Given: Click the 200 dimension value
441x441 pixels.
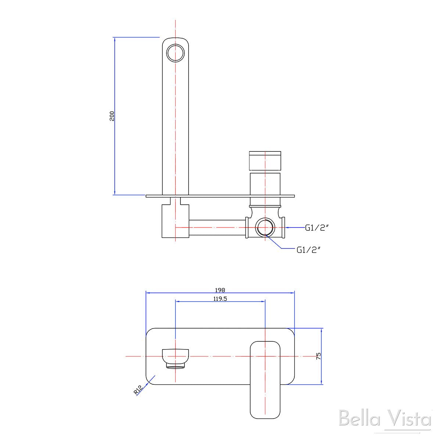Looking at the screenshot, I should (112, 116).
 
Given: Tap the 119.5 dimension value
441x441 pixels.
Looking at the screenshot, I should (220, 298).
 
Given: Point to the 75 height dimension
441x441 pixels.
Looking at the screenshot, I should (318, 356).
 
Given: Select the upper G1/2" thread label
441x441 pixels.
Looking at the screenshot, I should (316, 228).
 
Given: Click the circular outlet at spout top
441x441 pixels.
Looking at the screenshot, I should (176, 53).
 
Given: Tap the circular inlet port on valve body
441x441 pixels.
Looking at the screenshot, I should (265, 228).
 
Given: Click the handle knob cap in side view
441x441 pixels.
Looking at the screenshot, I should (265, 161).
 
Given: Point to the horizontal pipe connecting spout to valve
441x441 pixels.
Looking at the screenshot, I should (217, 228).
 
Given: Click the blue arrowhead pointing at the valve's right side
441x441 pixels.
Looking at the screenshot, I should (288, 228).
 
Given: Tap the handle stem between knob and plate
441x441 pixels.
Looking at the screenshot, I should (265, 184).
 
